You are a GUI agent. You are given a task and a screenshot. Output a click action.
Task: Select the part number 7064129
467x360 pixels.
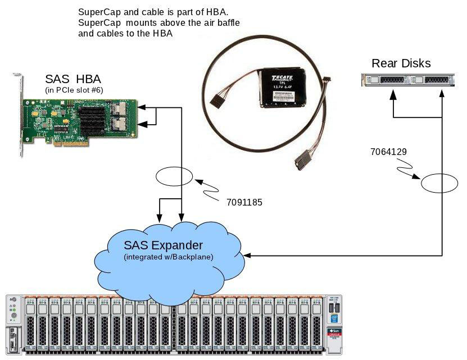pos(388,152)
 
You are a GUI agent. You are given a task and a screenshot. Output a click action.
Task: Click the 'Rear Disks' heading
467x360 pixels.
pos(401,63)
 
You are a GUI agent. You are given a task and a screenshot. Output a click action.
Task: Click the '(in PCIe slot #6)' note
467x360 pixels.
pos(74,90)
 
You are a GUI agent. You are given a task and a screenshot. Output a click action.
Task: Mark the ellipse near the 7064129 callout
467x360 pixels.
pos(441,184)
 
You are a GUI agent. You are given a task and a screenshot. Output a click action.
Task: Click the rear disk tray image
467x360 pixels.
pos(407,80)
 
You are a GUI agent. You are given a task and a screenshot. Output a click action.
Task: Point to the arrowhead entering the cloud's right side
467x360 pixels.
pos(248,256)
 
